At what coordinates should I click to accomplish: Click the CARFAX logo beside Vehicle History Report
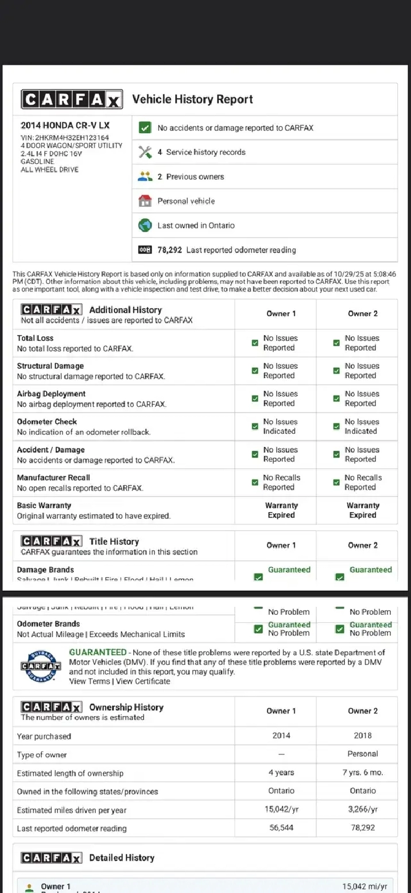[72, 99]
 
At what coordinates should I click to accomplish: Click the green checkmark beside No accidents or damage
[145, 128]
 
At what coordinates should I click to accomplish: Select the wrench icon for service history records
[145, 152]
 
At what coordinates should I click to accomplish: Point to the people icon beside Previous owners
[145, 176]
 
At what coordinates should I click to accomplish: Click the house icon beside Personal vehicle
[145, 201]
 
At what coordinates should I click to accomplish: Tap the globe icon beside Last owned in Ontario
[145, 225]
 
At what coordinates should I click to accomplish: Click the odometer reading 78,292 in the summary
[170, 250]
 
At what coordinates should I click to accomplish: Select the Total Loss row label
[36, 338]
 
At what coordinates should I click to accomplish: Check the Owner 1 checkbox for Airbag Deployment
[255, 399]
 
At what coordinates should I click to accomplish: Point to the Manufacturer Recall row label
[53, 478]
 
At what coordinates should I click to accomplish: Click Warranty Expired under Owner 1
[281, 510]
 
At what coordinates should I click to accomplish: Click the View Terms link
[89, 682]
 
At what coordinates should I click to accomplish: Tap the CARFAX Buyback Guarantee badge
[41, 666]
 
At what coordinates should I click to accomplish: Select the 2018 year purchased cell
[363, 736]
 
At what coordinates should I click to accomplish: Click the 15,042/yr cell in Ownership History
[281, 810]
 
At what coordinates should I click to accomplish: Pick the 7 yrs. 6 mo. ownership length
[363, 773]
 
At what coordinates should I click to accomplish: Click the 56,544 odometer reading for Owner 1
[281, 828]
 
